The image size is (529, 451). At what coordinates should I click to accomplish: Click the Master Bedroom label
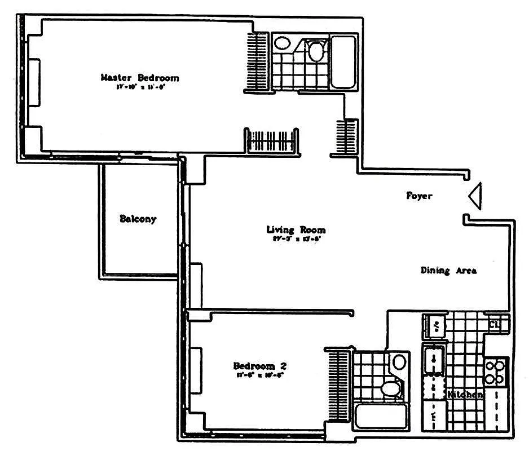click(x=139, y=78)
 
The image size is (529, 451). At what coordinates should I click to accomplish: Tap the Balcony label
click(x=138, y=219)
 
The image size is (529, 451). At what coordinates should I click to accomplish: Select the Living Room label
click(x=296, y=229)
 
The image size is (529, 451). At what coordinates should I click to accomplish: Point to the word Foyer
click(x=419, y=196)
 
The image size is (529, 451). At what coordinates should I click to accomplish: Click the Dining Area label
click(x=448, y=271)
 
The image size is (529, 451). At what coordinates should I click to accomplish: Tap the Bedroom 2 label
click(x=255, y=365)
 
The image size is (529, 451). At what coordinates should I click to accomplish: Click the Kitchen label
click(x=465, y=395)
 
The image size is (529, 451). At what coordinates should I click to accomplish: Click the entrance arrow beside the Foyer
click(x=475, y=196)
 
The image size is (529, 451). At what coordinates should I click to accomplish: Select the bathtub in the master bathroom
click(x=343, y=62)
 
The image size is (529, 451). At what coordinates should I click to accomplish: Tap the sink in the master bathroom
click(x=281, y=43)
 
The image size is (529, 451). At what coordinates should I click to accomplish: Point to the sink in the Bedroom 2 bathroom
click(x=399, y=362)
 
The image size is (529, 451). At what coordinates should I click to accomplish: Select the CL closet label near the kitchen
click(x=494, y=324)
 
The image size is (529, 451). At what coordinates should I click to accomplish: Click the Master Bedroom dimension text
click(x=139, y=87)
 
